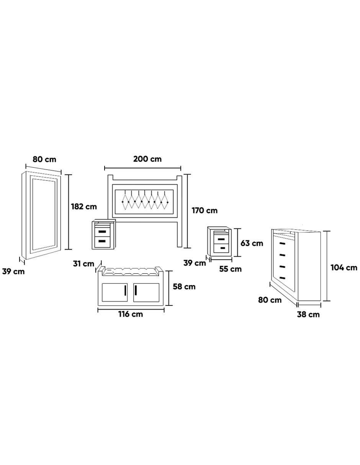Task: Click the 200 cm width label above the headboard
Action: (147, 159)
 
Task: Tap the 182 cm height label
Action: (84, 207)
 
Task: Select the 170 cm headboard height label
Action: (205, 210)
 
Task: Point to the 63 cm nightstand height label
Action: (252, 243)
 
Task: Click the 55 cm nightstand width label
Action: (230, 269)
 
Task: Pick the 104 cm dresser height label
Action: (344, 268)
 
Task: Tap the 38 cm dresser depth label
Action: (308, 314)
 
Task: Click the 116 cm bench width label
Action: (131, 314)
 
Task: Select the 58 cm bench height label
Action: (184, 287)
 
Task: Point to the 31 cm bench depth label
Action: (83, 264)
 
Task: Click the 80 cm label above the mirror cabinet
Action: (44, 159)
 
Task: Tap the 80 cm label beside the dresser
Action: (270, 300)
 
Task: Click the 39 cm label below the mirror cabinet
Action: (13, 272)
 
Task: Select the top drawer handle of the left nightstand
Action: (102, 232)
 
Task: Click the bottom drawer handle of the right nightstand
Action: (223, 248)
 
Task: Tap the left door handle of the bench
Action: (125, 290)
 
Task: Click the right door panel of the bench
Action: (146, 292)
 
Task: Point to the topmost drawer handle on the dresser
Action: (283, 243)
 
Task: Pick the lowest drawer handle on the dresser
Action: (283, 278)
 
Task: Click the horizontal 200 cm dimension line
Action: (143, 168)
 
